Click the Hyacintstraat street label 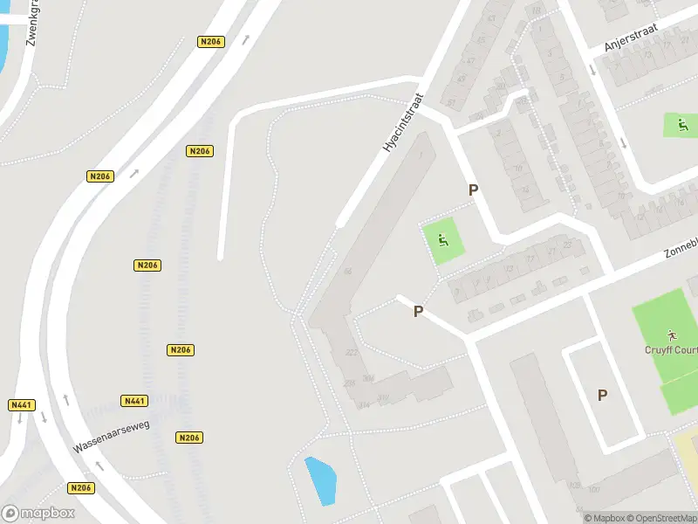point(403,125)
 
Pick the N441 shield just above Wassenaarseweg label point(133,401)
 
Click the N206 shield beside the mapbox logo point(80,488)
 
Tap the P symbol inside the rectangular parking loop point(602,395)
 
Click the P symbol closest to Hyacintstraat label point(474,190)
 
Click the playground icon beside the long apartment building point(443,240)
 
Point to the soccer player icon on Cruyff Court point(671,334)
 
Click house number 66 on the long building point(348,272)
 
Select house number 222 point(352,352)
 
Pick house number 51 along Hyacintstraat point(451,103)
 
